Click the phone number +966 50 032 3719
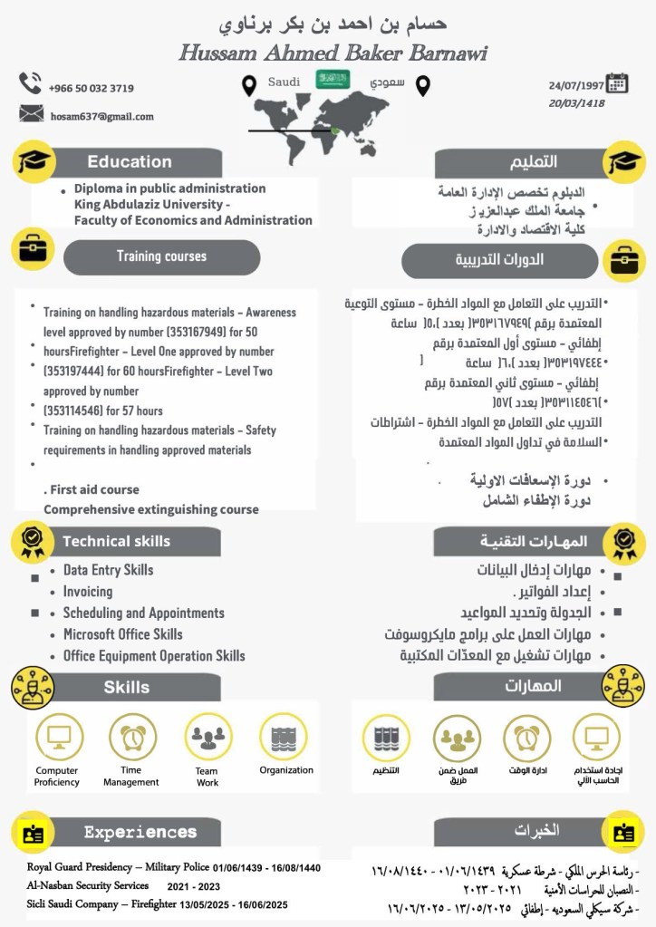[x=92, y=88]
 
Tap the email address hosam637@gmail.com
[x=101, y=116]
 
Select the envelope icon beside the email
[x=31, y=113]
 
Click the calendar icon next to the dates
[x=617, y=83]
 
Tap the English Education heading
[x=130, y=162]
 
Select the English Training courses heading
[x=161, y=256]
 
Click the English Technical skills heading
[x=116, y=541]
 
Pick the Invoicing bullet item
[x=88, y=592]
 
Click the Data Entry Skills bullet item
[x=108, y=570]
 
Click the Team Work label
[x=207, y=777]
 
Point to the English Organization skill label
[x=286, y=770]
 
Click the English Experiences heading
[x=140, y=832]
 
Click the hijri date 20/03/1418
[x=576, y=103]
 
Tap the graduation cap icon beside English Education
[x=34, y=161]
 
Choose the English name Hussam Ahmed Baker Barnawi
[x=333, y=53]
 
